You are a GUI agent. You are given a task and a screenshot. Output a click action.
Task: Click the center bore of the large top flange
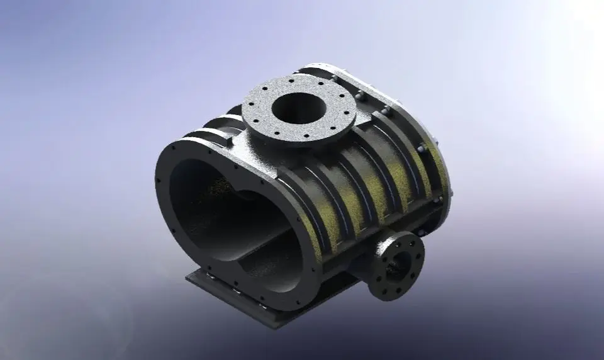[298, 108]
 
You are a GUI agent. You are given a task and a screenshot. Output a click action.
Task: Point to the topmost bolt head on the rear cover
[334, 79]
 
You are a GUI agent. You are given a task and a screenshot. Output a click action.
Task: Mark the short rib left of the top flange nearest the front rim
[211, 136]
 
